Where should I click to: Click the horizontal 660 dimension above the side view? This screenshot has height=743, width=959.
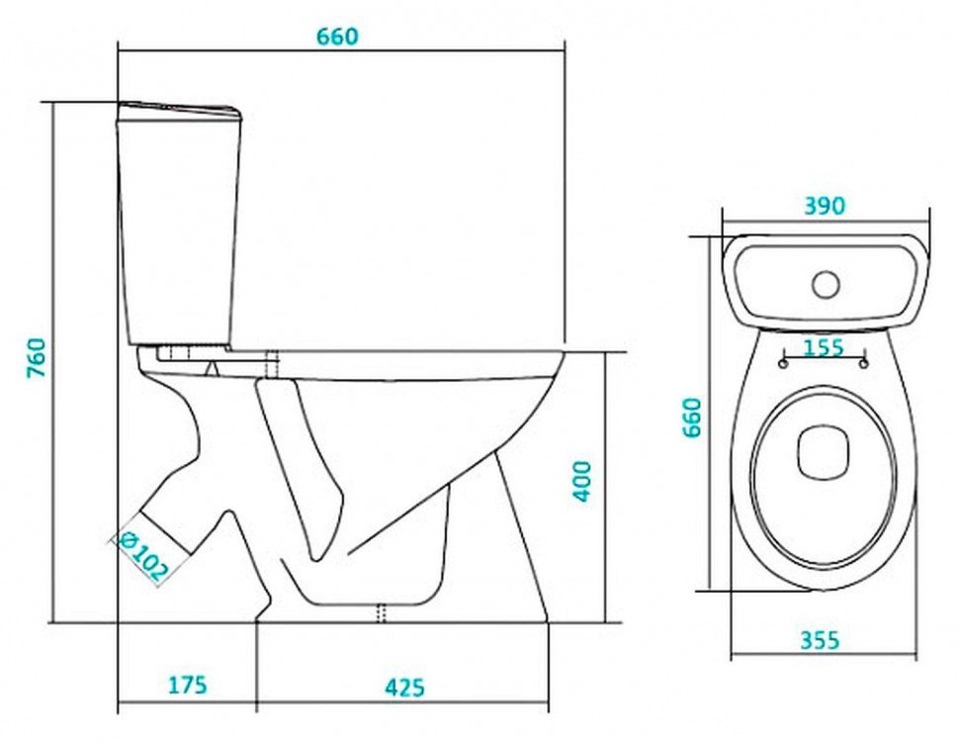[337, 37]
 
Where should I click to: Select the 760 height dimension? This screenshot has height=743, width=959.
[36, 357]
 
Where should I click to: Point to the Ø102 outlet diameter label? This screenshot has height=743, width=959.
[142, 555]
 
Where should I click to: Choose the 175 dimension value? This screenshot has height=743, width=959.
[187, 685]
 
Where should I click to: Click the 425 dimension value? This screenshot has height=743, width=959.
[404, 688]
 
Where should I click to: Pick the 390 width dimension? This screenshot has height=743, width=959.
[824, 206]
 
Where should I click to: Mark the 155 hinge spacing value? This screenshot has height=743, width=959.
[824, 347]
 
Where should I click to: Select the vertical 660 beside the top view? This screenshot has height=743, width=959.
[692, 417]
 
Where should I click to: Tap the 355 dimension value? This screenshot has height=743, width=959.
[820, 640]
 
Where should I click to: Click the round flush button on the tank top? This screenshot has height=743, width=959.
[826, 285]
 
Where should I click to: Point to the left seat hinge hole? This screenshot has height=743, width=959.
[783, 364]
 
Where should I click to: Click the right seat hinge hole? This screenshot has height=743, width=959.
[863, 364]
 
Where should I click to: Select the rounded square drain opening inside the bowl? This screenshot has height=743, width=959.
[824, 452]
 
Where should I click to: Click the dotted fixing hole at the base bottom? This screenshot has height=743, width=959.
[382, 613]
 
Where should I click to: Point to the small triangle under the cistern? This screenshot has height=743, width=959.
[212, 369]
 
